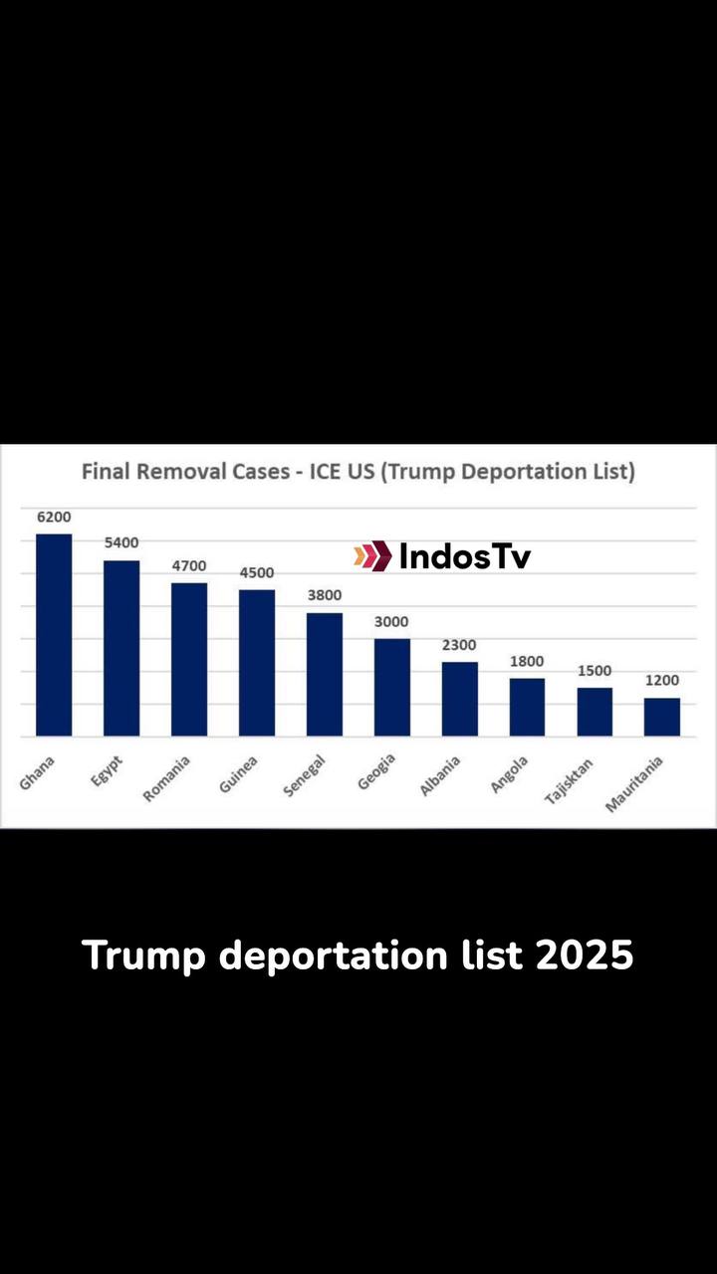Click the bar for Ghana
pyautogui.click(x=54, y=635)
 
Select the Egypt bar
pyautogui.click(x=121, y=648)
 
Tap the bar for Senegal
pyautogui.click(x=325, y=675)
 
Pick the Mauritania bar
pyautogui.click(x=662, y=718)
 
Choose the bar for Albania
pyautogui.click(x=460, y=699)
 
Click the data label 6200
pyautogui.click(x=54, y=517)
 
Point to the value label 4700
pyautogui.click(x=189, y=566)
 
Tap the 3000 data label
pyautogui.click(x=391, y=622)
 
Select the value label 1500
pyautogui.click(x=595, y=671)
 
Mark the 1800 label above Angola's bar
pyautogui.click(x=527, y=661)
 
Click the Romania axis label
pyautogui.click(x=166, y=778)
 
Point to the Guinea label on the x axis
pyautogui.click(x=238, y=774)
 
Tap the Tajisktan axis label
pyautogui.click(x=569, y=780)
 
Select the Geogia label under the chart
pyautogui.click(x=376, y=771)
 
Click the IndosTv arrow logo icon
pyautogui.click(x=372, y=555)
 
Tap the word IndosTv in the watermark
pyautogui.click(x=465, y=556)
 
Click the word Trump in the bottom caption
pyautogui.click(x=143, y=957)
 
